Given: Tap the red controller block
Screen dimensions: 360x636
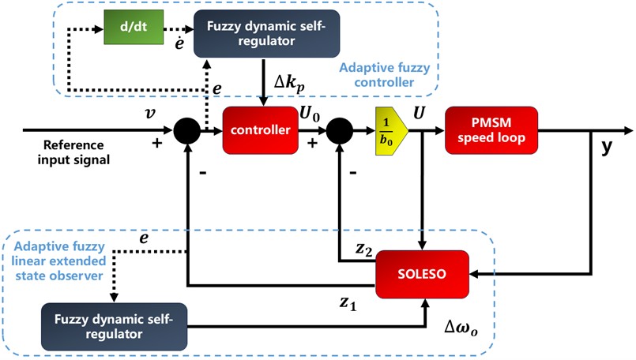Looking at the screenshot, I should (x=260, y=129).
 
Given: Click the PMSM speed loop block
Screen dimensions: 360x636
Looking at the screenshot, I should (x=491, y=129).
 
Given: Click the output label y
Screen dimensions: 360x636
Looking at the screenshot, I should (x=607, y=148).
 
